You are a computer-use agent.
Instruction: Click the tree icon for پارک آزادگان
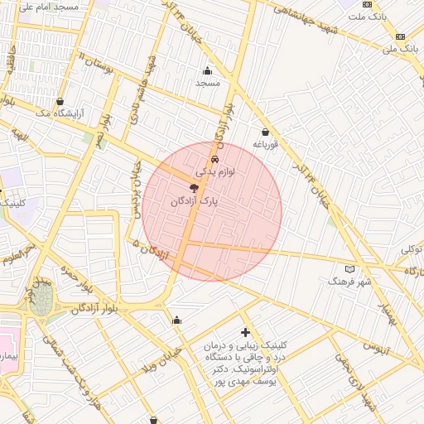click(x=194, y=188)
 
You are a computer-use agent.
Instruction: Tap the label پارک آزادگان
click(x=193, y=201)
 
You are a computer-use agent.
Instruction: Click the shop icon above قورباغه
click(x=265, y=132)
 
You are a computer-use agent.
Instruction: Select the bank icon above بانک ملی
click(x=401, y=36)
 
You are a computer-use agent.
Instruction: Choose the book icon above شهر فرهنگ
click(x=349, y=269)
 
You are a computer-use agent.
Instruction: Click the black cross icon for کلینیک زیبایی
click(x=245, y=332)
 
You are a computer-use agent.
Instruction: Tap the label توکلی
click(x=412, y=249)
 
